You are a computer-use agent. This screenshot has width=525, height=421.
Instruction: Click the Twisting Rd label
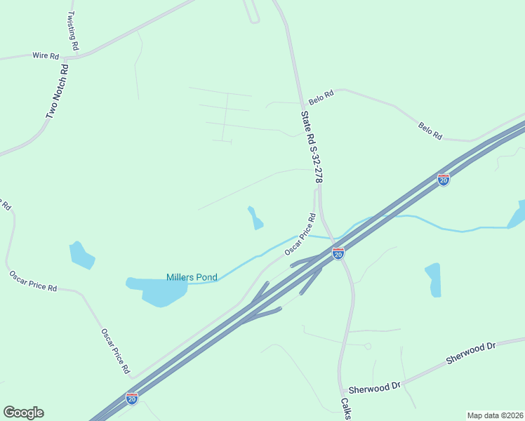tap(72, 30)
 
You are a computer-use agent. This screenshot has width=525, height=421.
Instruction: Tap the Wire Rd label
tap(46, 55)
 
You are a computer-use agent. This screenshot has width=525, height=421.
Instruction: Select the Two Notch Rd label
tap(57, 91)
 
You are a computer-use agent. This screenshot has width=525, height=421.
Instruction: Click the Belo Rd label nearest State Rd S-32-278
tap(321, 95)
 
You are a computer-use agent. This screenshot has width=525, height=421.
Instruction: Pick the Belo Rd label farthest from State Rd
tap(430, 131)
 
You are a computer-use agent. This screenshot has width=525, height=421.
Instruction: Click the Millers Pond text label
tap(192, 277)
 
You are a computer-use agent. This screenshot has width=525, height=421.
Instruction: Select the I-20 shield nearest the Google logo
tap(132, 398)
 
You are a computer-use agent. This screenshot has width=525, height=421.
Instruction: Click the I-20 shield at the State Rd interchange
tap(338, 253)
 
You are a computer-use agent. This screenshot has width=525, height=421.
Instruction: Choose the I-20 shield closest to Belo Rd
tap(443, 180)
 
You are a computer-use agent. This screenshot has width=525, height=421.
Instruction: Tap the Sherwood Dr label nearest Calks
tap(374, 387)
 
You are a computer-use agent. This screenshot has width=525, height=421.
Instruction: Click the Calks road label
tap(345, 409)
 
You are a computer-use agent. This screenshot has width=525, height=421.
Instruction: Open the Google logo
tap(23, 412)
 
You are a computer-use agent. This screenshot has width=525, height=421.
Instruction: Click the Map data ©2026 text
tap(495, 415)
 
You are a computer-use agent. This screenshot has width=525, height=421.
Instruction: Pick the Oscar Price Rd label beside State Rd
tap(300, 234)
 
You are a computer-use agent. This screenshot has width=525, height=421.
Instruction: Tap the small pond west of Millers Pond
tap(82, 255)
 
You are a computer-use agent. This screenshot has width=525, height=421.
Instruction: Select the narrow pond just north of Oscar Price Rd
tap(255, 218)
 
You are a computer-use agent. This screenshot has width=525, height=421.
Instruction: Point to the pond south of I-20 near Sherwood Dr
tap(433, 279)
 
